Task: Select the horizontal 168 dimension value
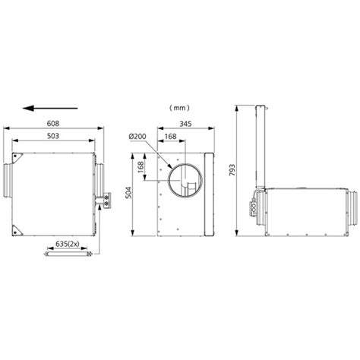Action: [x=172, y=137]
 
